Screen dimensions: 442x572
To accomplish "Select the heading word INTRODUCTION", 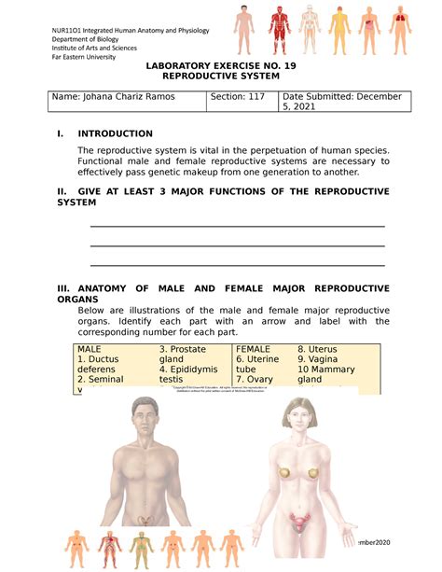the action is (x=116, y=133).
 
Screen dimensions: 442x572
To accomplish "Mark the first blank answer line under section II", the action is (x=236, y=226).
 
